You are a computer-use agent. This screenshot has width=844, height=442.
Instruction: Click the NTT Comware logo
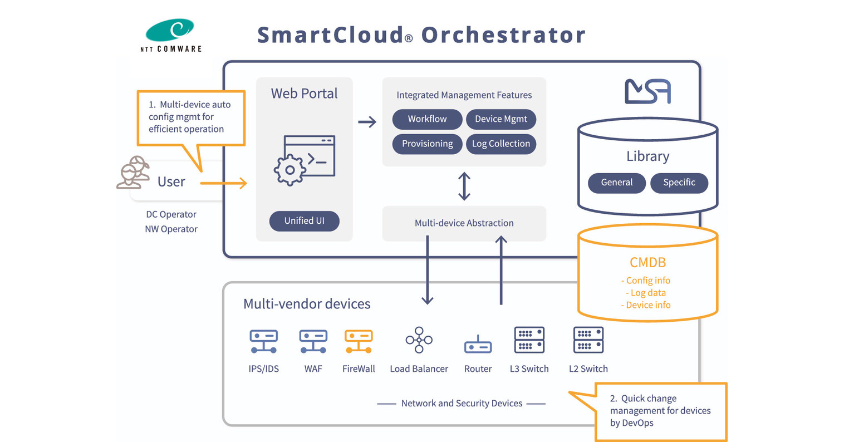(x=170, y=35)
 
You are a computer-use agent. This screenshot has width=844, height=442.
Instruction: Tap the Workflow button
(x=427, y=119)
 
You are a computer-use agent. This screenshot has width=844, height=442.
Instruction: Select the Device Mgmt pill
(x=500, y=119)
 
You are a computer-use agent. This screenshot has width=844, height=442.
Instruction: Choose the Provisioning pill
(x=427, y=144)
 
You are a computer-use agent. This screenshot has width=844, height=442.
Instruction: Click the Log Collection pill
(x=500, y=144)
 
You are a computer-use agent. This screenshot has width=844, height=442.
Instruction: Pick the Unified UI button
(x=304, y=221)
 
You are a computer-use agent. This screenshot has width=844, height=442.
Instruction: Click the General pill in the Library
(x=616, y=183)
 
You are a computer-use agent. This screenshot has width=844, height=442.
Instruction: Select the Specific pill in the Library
(x=679, y=183)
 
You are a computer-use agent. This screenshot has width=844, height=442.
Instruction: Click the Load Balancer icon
(x=419, y=340)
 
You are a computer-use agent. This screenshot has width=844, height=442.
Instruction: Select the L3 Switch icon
(x=529, y=340)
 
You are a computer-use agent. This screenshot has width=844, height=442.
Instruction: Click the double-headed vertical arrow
(x=464, y=186)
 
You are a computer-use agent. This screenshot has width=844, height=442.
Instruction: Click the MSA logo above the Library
(x=647, y=91)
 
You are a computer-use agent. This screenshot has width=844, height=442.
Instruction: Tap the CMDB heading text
(x=647, y=262)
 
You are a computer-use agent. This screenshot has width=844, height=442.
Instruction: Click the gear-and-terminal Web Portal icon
(x=305, y=160)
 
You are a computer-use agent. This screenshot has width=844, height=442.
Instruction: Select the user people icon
(x=133, y=173)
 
